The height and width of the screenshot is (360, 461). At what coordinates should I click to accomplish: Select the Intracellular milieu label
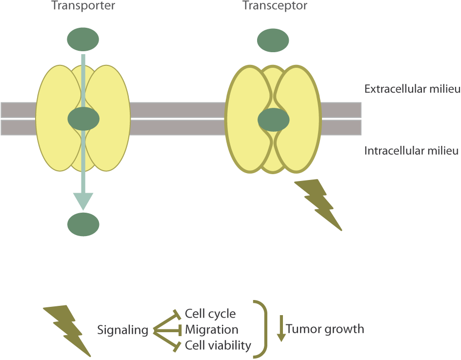pyautogui.click(x=412, y=150)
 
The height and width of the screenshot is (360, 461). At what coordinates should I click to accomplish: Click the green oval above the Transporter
pyautogui.click(x=83, y=40)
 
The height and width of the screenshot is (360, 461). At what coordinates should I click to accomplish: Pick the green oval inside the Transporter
pyautogui.click(x=83, y=119)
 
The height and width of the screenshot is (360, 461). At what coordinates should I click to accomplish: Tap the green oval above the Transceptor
pyautogui.click(x=273, y=40)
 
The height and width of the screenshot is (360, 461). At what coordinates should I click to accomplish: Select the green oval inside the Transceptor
pyautogui.click(x=273, y=120)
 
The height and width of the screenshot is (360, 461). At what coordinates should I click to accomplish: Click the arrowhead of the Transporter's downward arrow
pyautogui.click(x=83, y=200)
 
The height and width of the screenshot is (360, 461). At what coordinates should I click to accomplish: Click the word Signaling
pyautogui.click(x=122, y=330)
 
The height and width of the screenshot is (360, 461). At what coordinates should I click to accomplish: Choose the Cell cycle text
pyautogui.click(x=210, y=314)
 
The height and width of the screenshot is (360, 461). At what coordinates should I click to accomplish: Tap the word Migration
pyautogui.click(x=211, y=330)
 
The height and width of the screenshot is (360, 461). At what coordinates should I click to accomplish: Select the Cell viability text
pyautogui.click(x=218, y=346)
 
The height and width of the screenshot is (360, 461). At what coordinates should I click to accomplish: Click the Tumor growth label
pyautogui.click(x=325, y=329)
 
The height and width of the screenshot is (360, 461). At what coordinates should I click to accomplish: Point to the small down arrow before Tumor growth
pyautogui.click(x=281, y=329)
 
